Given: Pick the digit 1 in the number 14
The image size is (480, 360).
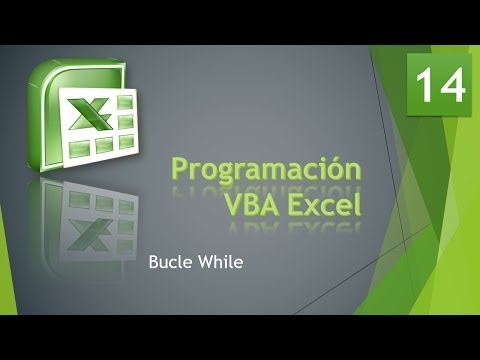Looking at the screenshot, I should (x=427, y=85).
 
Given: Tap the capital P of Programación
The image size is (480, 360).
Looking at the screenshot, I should (x=181, y=167).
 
